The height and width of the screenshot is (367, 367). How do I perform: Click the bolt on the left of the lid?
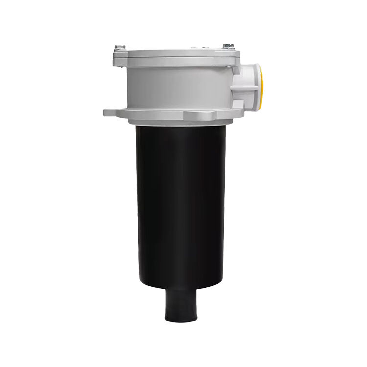(x=119, y=47)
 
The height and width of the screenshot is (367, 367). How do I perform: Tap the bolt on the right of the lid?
(x=227, y=46)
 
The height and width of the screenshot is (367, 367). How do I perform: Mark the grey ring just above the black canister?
(x=181, y=122)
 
